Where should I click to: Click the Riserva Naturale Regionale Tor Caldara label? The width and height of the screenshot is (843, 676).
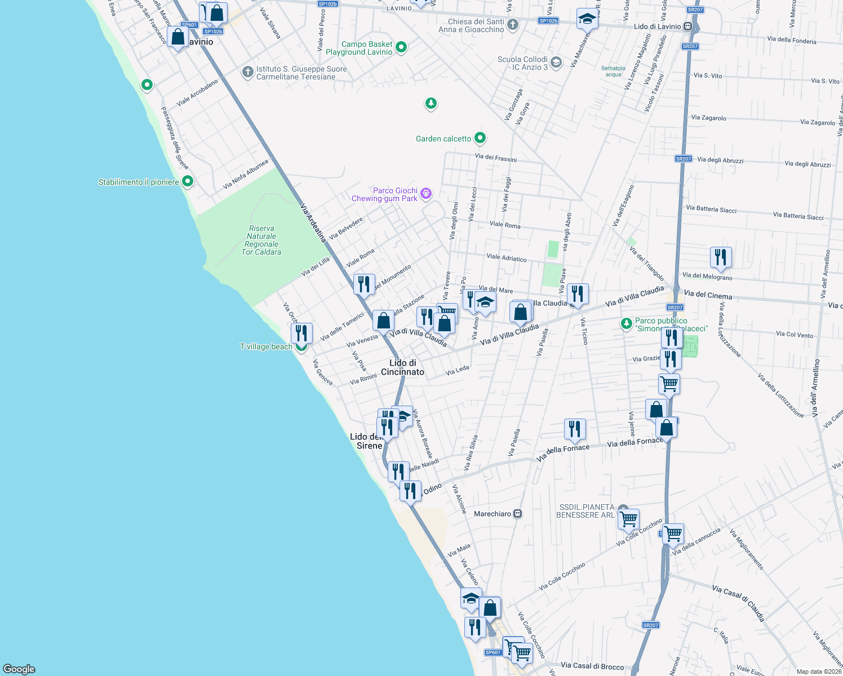pyautogui.click(x=261, y=241)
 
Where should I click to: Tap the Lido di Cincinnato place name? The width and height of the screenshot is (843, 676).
pyautogui.click(x=402, y=367)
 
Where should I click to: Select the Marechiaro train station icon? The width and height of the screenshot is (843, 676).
pyautogui.click(x=518, y=514)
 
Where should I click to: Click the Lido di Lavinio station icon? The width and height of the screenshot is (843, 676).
pyautogui.click(x=687, y=26)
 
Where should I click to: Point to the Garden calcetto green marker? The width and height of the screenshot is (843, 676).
pyautogui.click(x=480, y=137)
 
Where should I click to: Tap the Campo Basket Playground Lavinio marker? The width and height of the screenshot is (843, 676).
pyautogui.click(x=401, y=47)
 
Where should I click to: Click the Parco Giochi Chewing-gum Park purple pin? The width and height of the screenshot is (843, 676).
pyautogui.click(x=426, y=194)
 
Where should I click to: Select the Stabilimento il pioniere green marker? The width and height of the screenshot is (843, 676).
pyautogui.click(x=188, y=181)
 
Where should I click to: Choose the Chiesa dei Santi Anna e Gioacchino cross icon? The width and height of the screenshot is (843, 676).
pyautogui.click(x=512, y=24)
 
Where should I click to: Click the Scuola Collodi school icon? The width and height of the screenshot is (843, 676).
pyautogui.click(x=556, y=62)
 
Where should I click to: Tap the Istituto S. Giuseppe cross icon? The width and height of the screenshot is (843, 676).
pyautogui.click(x=247, y=72)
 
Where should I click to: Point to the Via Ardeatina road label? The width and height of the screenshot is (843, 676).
pyautogui.click(x=313, y=223)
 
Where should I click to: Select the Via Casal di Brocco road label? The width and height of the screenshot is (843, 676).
pyautogui.click(x=592, y=666)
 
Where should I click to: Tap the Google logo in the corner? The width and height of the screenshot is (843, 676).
pyautogui.click(x=19, y=669)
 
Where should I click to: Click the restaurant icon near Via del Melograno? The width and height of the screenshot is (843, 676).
pyautogui.click(x=721, y=257)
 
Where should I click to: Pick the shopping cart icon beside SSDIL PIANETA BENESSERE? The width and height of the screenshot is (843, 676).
pyautogui.click(x=628, y=518)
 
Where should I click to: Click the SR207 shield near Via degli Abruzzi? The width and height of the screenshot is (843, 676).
pyautogui.click(x=683, y=159)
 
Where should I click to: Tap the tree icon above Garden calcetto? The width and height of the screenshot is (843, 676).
pyautogui.click(x=431, y=103)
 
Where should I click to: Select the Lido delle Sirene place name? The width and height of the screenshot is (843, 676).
pyautogui.click(x=367, y=441)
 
